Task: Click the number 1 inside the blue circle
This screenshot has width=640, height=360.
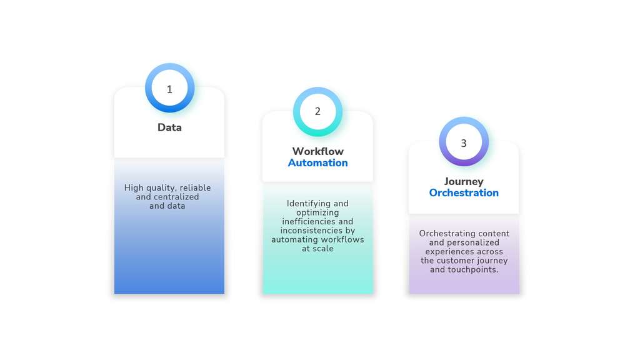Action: [169, 89]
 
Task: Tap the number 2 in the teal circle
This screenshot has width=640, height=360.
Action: [317, 111]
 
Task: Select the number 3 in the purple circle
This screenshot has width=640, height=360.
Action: [464, 143]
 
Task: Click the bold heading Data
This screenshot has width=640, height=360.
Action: [169, 127]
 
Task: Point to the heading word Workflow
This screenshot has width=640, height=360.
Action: [318, 151]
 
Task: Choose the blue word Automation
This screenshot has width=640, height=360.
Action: [318, 163]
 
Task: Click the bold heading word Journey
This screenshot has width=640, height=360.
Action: [464, 182]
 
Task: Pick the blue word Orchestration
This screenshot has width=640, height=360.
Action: [464, 192]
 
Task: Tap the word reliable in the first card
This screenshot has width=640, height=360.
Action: [196, 187]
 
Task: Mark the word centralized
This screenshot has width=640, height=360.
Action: [176, 197]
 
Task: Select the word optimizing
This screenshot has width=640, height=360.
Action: [317, 212]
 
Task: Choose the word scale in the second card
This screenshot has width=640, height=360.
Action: [323, 249]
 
